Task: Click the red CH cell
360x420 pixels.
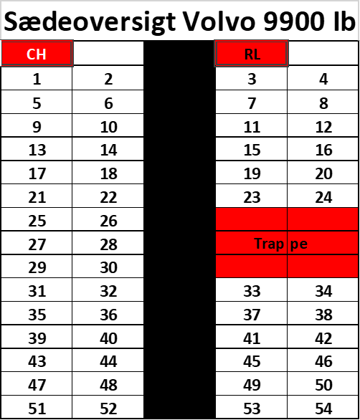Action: click(x=37, y=53)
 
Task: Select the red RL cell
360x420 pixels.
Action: click(x=252, y=53)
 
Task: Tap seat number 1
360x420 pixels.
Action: click(x=37, y=80)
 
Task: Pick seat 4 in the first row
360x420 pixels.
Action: click(x=323, y=80)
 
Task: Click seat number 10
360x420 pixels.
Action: click(x=108, y=127)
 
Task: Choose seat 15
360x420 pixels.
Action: click(x=252, y=150)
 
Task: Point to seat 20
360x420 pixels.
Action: click(x=323, y=173)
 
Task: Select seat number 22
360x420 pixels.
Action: click(x=108, y=197)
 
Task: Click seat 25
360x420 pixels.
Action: click(x=37, y=221)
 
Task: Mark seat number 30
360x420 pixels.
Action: click(x=108, y=267)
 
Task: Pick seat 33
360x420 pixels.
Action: click(x=252, y=291)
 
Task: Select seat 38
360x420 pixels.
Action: click(x=323, y=315)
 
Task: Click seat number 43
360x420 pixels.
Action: click(x=37, y=361)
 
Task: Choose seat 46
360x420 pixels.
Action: click(x=323, y=361)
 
